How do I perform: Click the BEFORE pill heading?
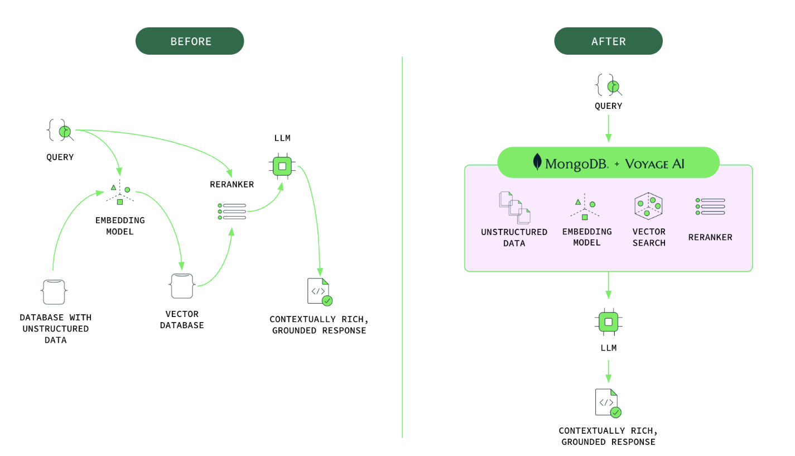(x=190, y=41)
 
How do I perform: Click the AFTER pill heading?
(x=608, y=41)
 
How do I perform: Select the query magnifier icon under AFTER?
(x=610, y=85)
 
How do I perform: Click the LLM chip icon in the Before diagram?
(x=282, y=166)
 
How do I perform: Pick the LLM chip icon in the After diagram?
(x=608, y=322)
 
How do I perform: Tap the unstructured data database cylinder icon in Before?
(x=54, y=292)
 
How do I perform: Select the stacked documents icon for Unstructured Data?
(x=514, y=208)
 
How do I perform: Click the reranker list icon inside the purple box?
(x=710, y=206)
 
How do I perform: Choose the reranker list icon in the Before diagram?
(x=232, y=212)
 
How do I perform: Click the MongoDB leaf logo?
(x=537, y=162)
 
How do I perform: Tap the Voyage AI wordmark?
(x=654, y=164)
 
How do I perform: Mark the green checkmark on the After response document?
(x=616, y=412)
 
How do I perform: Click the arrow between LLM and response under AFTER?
(x=608, y=371)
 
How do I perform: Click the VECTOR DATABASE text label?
(x=182, y=320)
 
